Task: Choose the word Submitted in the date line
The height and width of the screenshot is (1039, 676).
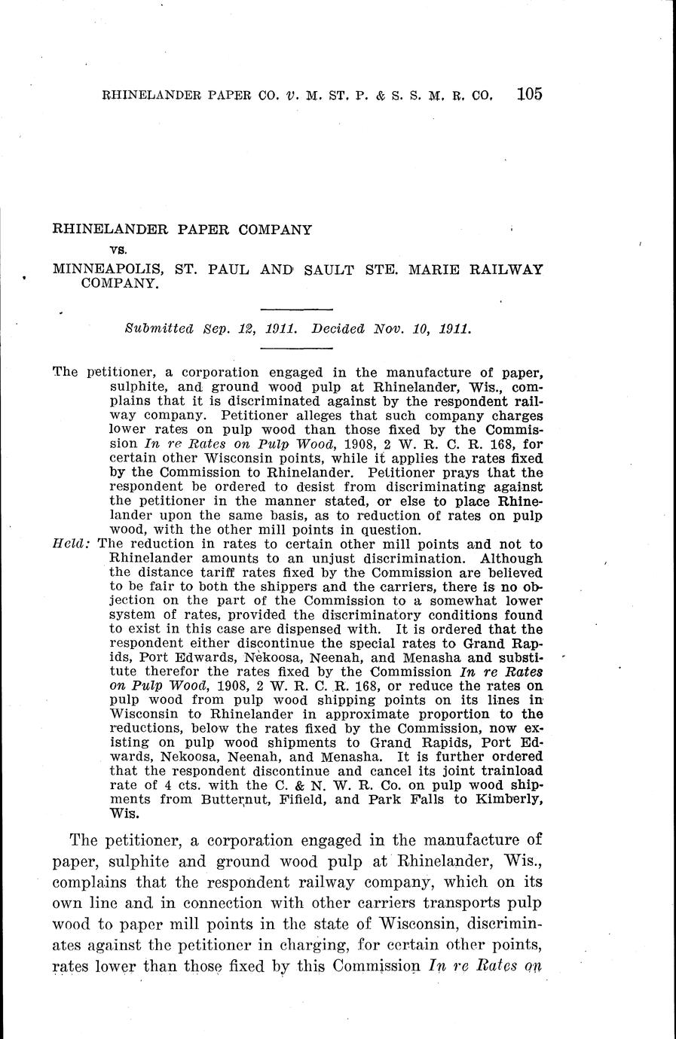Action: [158, 329]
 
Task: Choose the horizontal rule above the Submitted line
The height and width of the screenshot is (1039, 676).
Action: [296, 309]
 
